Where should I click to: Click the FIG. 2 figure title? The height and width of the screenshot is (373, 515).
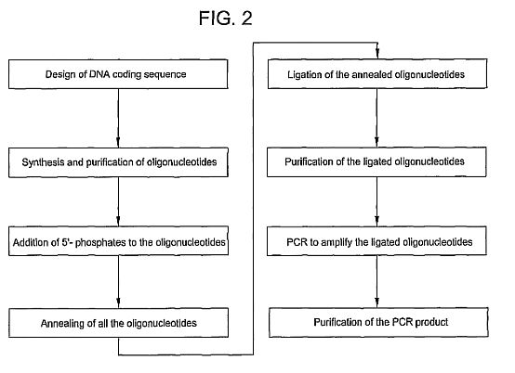[225, 18]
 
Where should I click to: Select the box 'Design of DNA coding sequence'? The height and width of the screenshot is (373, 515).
[118, 74]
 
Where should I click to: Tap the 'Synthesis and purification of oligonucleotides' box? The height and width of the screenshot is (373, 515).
[118, 162]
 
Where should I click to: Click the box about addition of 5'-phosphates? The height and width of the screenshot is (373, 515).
[118, 241]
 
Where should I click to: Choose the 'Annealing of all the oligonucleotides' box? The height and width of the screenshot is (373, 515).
[118, 323]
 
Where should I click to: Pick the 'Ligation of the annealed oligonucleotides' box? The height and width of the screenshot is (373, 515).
[377, 73]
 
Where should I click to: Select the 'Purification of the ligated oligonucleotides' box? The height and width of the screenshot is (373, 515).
[376, 162]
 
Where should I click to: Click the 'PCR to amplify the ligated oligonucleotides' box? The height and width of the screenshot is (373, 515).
[376, 241]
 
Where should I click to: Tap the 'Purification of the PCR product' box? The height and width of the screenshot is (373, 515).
[378, 322]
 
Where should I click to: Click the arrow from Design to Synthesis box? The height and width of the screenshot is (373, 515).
[118, 119]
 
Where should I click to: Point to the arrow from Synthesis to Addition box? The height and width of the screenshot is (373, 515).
[118, 202]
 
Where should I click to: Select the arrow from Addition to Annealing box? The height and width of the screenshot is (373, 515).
[118, 282]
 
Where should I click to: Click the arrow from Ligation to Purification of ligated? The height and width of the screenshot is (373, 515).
[376, 118]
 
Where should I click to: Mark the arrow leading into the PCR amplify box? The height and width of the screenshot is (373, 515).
[376, 202]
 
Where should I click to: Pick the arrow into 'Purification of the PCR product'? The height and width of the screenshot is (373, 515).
[376, 281]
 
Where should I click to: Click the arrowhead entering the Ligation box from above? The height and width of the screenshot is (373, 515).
[377, 54]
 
